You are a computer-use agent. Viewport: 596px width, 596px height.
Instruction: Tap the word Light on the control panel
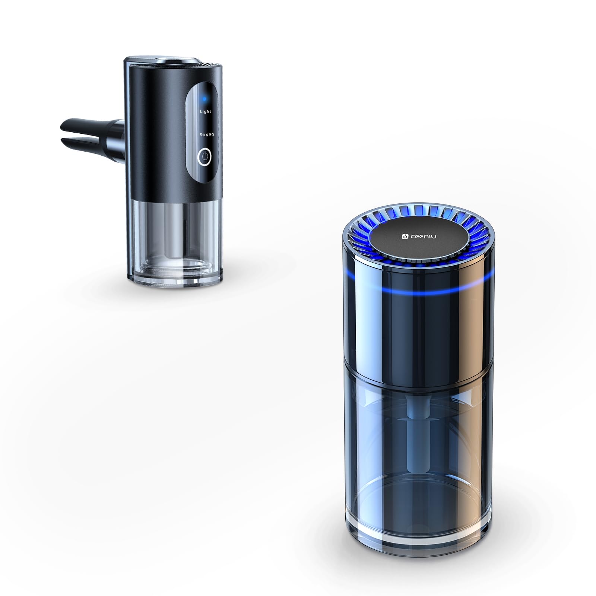(205, 111)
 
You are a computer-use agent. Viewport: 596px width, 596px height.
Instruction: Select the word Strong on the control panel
(207, 134)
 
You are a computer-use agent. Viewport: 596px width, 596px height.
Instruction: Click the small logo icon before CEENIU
(405, 236)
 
